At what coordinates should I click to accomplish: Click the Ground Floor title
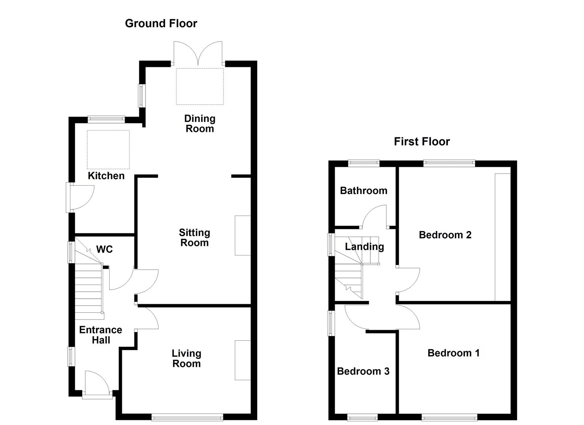(161, 24)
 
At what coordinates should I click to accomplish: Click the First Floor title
(422, 142)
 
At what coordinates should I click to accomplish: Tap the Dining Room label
(200, 124)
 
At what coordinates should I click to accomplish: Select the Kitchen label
(106, 176)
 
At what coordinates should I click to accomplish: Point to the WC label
(105, 249)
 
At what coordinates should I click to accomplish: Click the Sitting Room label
(194, 238)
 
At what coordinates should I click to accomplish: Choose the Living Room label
(186, 358)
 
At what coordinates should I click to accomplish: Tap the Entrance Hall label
(101, 335)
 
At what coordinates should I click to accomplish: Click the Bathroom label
(363, 191)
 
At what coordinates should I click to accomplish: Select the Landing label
(364, 247)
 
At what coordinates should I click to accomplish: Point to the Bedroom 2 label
(445, 235)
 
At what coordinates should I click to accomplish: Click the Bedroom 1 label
(453, 353)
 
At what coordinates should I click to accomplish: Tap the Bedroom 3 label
(363, 371)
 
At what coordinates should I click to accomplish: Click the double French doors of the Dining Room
(199, 53)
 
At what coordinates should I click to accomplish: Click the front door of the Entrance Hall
(97, 384)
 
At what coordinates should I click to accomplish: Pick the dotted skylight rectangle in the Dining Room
(200, 87)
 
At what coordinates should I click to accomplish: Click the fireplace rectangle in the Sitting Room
(243, 235)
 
